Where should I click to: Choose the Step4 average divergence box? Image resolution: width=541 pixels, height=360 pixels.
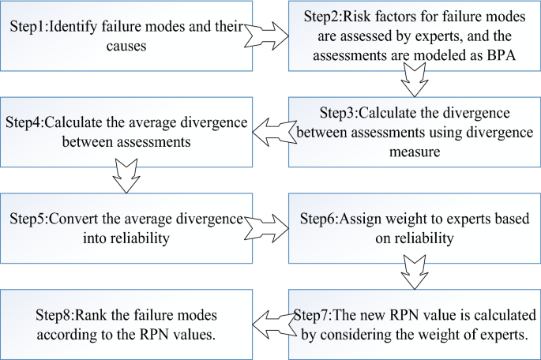126,130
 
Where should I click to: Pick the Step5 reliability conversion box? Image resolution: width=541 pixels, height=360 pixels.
126,226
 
